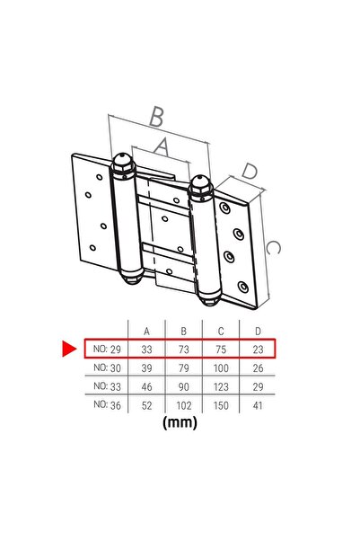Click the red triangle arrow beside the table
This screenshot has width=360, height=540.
pos(68,349)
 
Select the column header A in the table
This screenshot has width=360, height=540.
pos(146,332)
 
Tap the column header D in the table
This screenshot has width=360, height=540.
pos(258,332)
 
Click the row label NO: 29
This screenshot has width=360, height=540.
pos(107,350)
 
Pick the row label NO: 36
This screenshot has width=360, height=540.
pos(107,405)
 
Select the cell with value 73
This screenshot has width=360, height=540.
pos(184,350)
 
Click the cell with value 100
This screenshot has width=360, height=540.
pos(221,368)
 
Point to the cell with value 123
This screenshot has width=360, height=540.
pos(221,386)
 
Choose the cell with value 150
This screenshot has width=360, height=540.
pos(221,405)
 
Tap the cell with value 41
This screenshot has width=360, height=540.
pos(258,405)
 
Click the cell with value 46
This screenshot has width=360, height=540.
pos(146,386)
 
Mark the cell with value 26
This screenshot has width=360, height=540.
pos(258,368)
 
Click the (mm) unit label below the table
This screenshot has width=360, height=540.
pos(180,422)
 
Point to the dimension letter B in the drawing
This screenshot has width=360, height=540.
pos(156,117)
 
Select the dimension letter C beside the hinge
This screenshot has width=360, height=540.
pos(273,248)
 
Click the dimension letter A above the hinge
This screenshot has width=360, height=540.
pos(162,146)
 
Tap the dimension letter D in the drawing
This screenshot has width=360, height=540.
pos(250,171)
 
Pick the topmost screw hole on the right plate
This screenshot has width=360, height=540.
pos(225,208)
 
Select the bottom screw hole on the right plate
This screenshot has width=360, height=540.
pos(243,287)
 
